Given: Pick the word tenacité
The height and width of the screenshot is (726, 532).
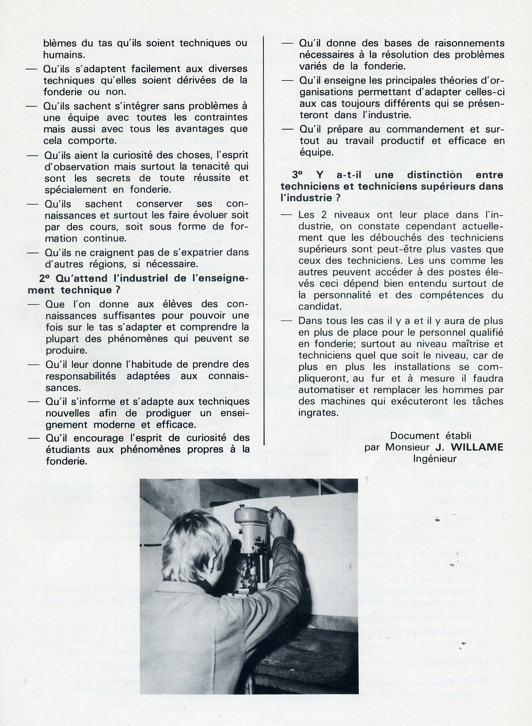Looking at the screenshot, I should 209,166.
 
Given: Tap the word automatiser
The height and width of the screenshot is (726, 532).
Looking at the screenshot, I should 324,390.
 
